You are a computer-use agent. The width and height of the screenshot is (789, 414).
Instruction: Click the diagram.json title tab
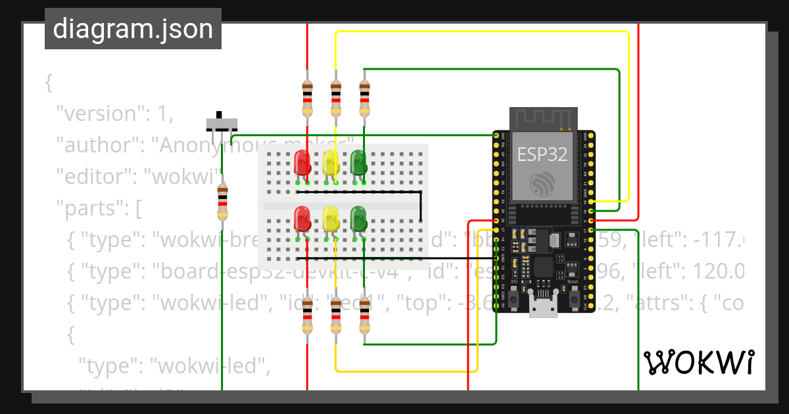(133, 29)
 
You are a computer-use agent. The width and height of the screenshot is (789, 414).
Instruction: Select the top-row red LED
(302, 162)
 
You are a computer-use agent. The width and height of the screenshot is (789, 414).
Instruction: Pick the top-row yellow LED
(331, 162)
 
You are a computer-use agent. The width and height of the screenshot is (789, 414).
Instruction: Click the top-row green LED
(358, 162)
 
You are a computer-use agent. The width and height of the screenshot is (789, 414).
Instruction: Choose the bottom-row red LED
(302, 218)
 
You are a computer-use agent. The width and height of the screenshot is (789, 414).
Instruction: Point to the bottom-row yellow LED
(331, 218)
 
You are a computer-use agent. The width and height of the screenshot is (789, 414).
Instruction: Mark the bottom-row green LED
(358, 218)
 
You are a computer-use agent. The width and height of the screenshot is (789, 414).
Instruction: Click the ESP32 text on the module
(542, 154)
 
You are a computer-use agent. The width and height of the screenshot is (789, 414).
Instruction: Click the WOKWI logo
(698, 362)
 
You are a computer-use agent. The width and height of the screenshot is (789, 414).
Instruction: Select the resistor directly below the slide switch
(222, 202)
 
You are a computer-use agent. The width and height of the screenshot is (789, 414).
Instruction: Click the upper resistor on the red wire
(307, 97)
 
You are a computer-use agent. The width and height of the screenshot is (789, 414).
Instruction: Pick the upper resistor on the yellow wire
(336, 97)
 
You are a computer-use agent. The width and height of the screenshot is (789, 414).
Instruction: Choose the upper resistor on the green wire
(365, 97)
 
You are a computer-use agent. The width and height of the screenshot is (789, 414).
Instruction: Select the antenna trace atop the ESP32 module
(543, 119)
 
